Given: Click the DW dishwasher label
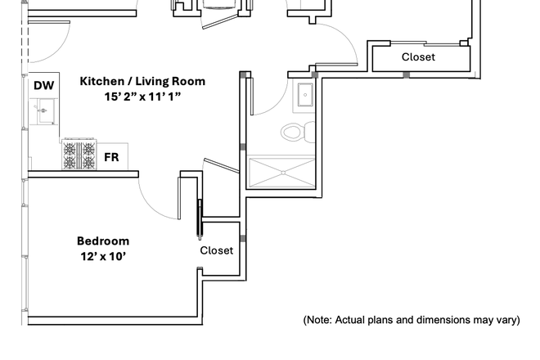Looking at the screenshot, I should (x=43, y=85).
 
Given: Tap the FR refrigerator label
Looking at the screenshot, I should (x=110, y=157).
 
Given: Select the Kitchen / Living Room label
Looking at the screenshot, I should (x=142, y=81).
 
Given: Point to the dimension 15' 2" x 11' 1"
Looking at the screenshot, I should (x=142, y=97).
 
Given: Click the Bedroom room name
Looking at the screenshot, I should (x=103, y=241).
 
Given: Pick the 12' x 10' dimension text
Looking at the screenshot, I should (x=103, y=256).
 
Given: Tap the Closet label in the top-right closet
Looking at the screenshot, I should (x=418, y=57).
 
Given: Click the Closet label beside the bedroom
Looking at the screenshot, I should (x=217, y=250).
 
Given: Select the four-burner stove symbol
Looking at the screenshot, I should (x=79, y=155).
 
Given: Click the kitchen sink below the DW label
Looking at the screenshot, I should (x=43, y=110).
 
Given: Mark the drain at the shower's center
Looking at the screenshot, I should (x=282, y=173).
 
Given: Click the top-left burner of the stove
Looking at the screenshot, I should (x=70, y=148).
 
